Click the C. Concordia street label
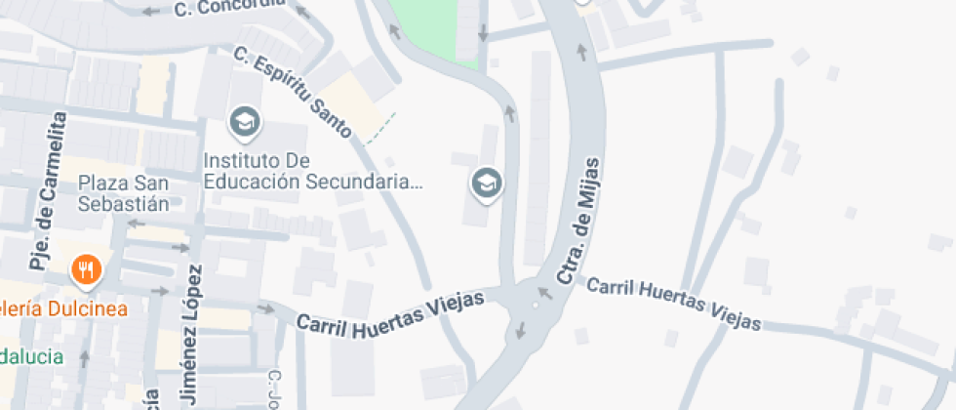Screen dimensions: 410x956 (230, 7)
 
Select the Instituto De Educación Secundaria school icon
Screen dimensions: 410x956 (243, 123)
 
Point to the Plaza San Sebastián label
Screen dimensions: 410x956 (124, 193)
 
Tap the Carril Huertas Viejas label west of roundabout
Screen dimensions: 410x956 (390, 311)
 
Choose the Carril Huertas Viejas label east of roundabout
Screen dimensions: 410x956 (676, 302)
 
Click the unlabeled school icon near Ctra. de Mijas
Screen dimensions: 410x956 (486, 182)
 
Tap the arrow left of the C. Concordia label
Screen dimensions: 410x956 (150, 12)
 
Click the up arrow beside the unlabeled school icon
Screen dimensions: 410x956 (508, 114)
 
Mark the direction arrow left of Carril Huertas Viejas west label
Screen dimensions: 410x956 (265, 309)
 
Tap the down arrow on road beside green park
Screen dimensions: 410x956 (483, 35)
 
